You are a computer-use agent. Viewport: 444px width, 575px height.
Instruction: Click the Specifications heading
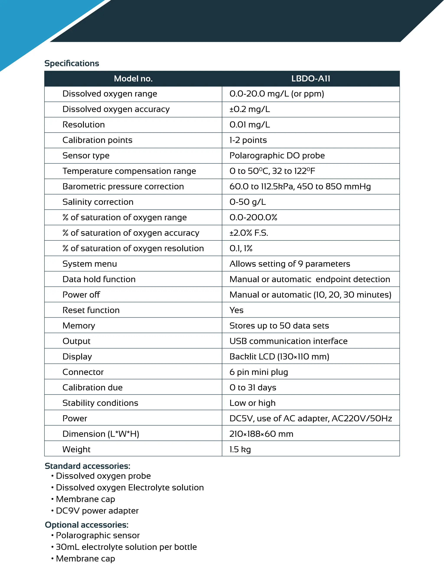(72, 63)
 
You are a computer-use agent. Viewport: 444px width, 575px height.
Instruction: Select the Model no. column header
(133, 79)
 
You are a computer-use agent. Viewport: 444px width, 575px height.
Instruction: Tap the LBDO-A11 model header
(311, 79)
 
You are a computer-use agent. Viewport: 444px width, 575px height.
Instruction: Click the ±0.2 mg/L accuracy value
(250, 109)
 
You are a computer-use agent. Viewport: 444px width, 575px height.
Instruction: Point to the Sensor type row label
(86, 156)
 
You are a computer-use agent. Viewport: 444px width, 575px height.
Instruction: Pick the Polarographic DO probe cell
(277, 156)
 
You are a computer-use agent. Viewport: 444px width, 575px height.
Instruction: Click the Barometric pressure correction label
(123, 187)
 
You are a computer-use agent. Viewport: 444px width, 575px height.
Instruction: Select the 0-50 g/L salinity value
(248, 202)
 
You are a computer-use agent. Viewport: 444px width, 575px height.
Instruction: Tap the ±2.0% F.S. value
(249, 233)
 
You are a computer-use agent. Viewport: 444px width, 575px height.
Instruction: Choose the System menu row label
(90, 264)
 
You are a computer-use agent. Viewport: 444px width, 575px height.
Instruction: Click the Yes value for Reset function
(236, 310)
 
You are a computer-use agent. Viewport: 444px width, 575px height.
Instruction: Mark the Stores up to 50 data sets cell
(279, 326)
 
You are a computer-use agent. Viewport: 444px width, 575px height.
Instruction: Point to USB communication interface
(288, 341)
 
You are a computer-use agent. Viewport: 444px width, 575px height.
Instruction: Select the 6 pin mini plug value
(259, 372)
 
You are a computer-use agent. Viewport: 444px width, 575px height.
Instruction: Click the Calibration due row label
(92, 388)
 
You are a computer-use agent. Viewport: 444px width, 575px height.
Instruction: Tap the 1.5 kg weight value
(240, 449)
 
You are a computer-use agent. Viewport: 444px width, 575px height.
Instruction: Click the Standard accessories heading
(87, 466)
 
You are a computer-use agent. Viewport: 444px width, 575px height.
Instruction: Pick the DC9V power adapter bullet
(97, 511)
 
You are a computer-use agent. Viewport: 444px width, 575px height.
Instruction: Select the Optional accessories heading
(87, 525)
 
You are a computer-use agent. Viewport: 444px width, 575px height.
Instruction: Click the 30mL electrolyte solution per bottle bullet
(126, 547)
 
